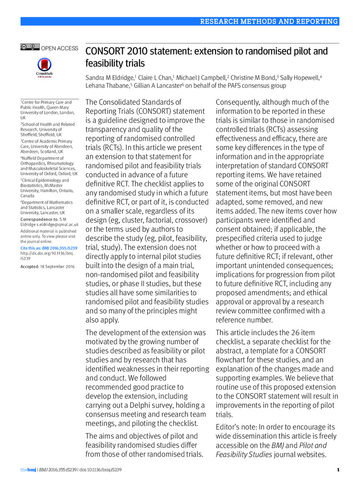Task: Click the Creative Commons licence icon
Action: tap(30, 47)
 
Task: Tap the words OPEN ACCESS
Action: tap(60, 48)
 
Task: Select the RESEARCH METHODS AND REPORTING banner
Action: tap(269, 21)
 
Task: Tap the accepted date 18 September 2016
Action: tap(58, 266)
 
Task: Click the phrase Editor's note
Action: tap(239, 427)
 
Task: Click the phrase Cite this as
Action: tap(33, 247)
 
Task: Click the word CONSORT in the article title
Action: tap(105, 51)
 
